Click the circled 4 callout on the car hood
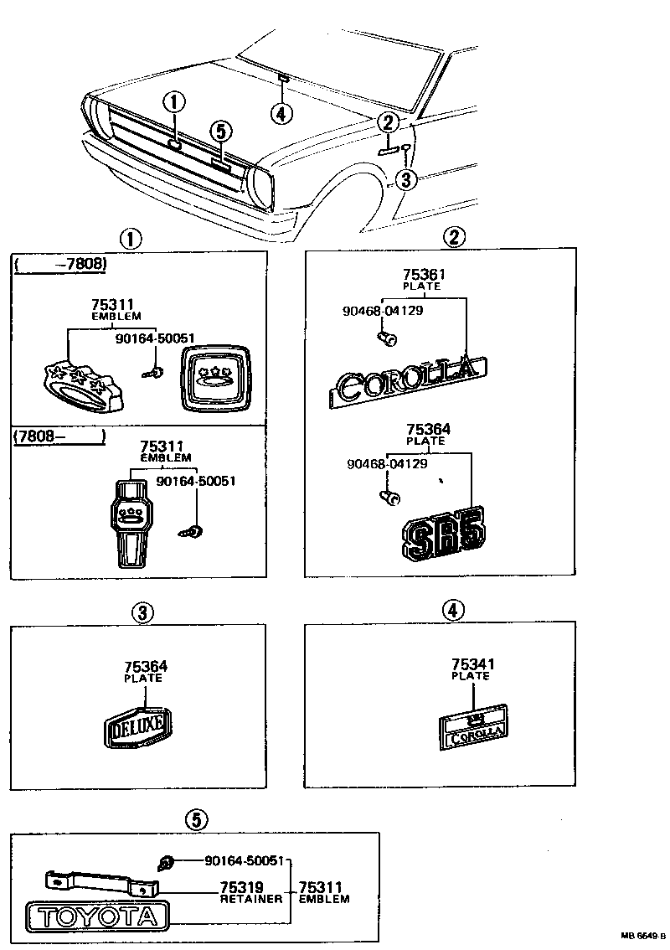pos(282,112)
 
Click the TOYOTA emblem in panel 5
pos(97,916)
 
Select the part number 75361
pos(424,275)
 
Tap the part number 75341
pos(472,664)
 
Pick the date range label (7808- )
pos(58,436)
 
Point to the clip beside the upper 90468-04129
pos(389,338)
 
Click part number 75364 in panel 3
pos(146,667)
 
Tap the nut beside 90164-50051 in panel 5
pos(166,862)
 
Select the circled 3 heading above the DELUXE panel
pos(142,613)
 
